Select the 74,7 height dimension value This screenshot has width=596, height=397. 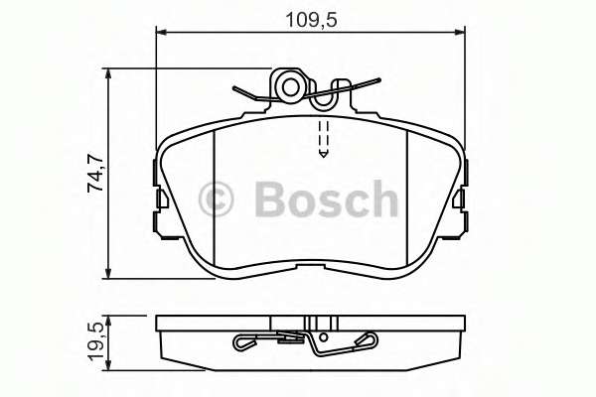point(95,173)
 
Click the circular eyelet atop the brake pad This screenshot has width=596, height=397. point(290,86)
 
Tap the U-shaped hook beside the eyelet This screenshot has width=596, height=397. point(324,97)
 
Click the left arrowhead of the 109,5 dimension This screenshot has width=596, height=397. point(163,34)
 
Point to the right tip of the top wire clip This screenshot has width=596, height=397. point(378,82)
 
